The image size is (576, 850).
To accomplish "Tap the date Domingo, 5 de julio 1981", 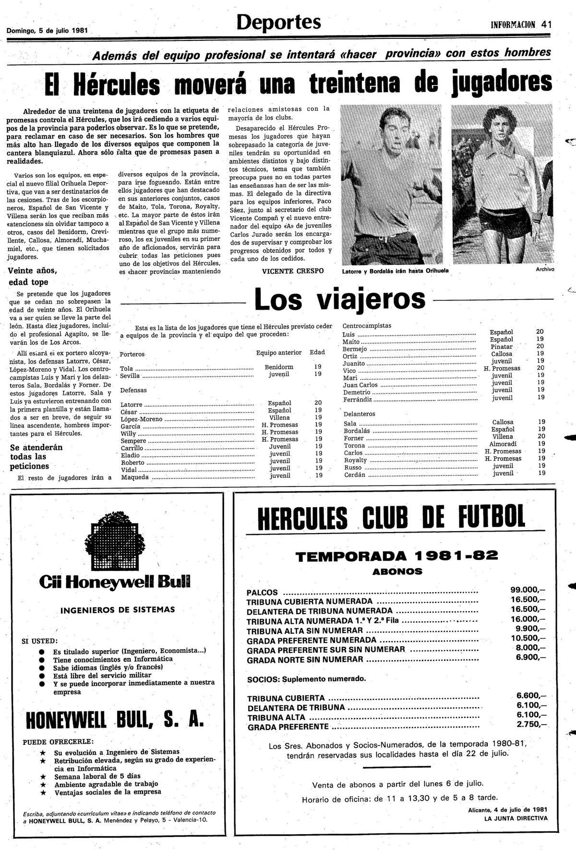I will tap(47, 30).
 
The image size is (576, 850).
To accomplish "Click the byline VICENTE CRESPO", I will tap(293, 271).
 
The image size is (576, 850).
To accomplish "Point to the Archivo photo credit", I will tap(545, 269).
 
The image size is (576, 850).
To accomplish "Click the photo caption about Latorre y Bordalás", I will tap(395, 271).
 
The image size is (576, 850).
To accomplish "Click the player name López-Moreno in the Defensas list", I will tap(141, 419).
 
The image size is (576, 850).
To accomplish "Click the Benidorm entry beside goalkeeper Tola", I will tap(279, 367).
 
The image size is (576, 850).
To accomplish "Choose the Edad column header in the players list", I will tap(317, 352).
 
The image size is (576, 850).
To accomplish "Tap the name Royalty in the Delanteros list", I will tap(356, 460).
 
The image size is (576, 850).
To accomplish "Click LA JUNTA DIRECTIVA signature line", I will tap(515, 818).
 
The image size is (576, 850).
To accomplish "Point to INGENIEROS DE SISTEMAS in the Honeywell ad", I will tap(118, 610).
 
